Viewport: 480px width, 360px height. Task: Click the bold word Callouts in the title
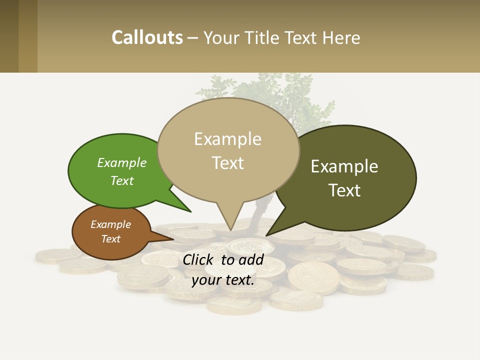pos(147,37)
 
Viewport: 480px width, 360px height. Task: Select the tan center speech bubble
pos(228,150)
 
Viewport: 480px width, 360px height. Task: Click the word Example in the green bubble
pos(122,163)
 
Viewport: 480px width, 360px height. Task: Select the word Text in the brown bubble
pos(111,239)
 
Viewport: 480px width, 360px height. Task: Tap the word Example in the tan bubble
pos(227,139)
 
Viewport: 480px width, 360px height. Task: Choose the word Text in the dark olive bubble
pos(345,190)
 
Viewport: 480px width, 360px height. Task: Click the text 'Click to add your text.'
pos(223,269)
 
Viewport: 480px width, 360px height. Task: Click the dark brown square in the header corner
pos(9,36)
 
